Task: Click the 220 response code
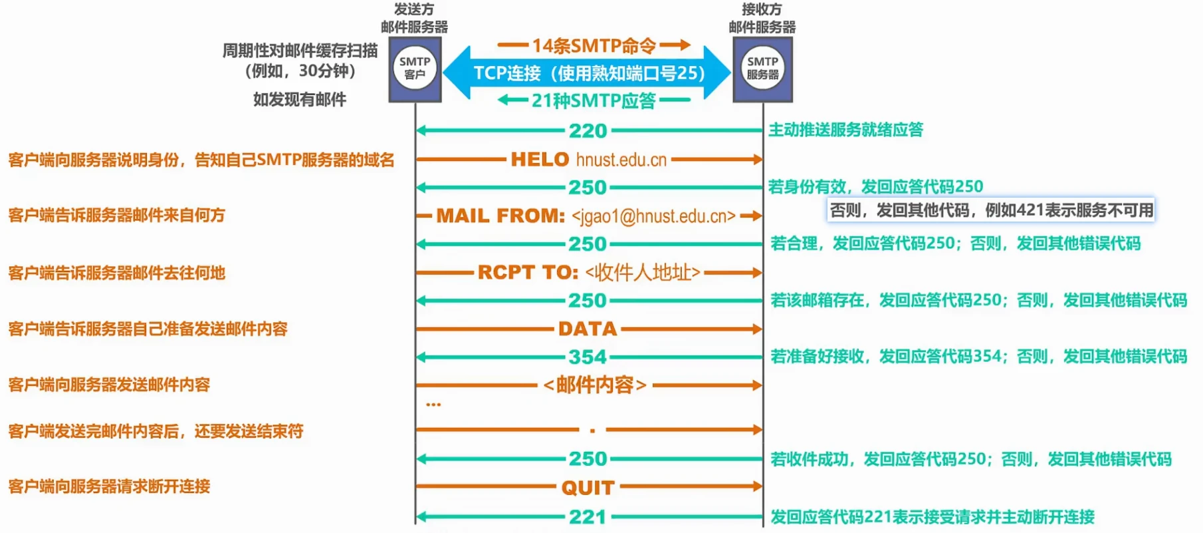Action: pyautogui.click(x=588, y=130)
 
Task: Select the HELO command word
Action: pyautogui.click(x=540, y=160)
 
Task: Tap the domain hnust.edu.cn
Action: pyautogui.click(x=621, y=160)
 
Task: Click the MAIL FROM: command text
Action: pyautogui.click(x=500, y=216)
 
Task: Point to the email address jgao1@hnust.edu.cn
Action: pyautogui.click(x=653, y=216)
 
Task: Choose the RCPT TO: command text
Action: pyautogui.click(x=528, y=272)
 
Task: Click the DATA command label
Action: pyautogui.click(x=588, y=329)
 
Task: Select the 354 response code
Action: pyautogui.click(x=588, y=357)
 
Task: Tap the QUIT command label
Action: pyautogui.click(x=588, y=488)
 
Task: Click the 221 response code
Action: pyautogui.click(x=588, y=517)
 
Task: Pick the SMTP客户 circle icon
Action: pyautogui.click(x=415, y=68)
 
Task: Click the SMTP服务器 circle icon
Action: pyautogui.click(x=762, y=68)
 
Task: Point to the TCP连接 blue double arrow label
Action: pyautogui.click(x=589, y=73)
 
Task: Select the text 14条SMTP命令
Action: pyautogui.click(x=594, y=45)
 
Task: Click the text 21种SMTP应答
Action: pyautogui.click(x=594, y=100)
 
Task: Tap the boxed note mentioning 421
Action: pyautogui.click(x=991, y=210)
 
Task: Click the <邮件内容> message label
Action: pyautogui.click(x=595, y=385)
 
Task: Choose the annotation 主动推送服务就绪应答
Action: pyautogui.click(x=845, y=130)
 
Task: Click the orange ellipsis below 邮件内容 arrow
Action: pyautogui.click(x=433, y=405)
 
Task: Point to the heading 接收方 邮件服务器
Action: pyautogui.click(x=762, y=18)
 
